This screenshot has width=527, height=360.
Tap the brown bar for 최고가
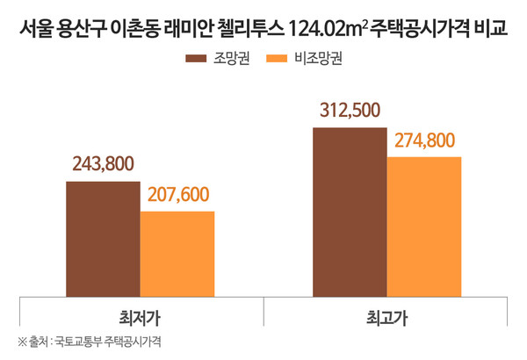click(x=349, y=212)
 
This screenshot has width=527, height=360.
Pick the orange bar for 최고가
click(x=423, y=226)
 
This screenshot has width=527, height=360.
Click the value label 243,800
click(x=103, y=165)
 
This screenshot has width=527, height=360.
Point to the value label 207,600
click(x=177, y=194)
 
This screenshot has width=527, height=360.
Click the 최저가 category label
click(x=140, y=314)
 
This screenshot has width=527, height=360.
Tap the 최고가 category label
click(x=386, y=314)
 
